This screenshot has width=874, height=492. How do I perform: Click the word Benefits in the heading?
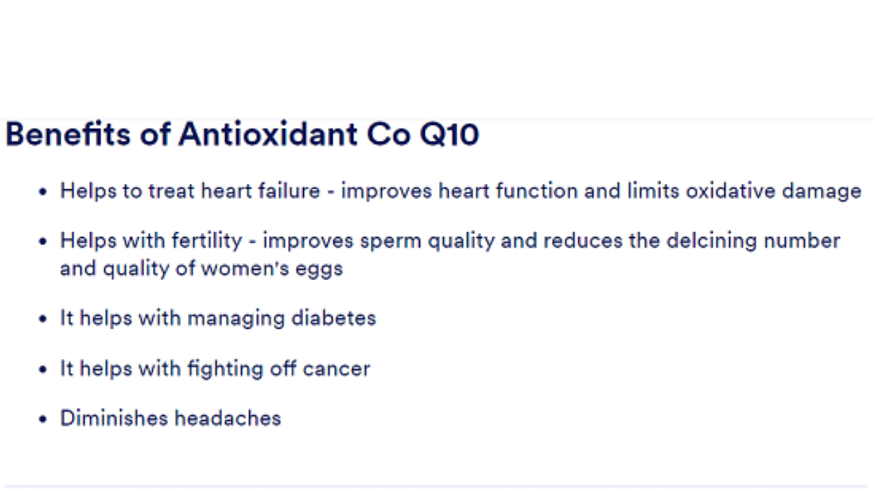(x=68, y=134)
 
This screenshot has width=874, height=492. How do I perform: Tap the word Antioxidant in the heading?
(x=268, y=134)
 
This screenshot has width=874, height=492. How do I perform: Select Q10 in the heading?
(x=449, y=135)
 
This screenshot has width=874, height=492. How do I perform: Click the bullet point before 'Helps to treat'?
(x=43, y=192)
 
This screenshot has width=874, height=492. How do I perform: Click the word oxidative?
(x=731, y=191)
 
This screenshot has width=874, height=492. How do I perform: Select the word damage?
(x=821, y=193)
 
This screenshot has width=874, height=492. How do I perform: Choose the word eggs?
(x=319, y=270)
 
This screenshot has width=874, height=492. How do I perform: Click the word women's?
(x=244, y=269)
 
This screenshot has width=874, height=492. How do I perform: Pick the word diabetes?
(x=334, y=318)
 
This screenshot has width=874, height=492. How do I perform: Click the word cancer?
(x=337, y=369)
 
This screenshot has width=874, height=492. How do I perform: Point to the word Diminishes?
(x=114, y=418)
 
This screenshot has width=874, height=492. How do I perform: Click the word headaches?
(x=228, y=418)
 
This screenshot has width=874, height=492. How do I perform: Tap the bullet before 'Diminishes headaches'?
(x=43, y=419)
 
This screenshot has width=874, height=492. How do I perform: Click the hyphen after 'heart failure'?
(x=331, y=193)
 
